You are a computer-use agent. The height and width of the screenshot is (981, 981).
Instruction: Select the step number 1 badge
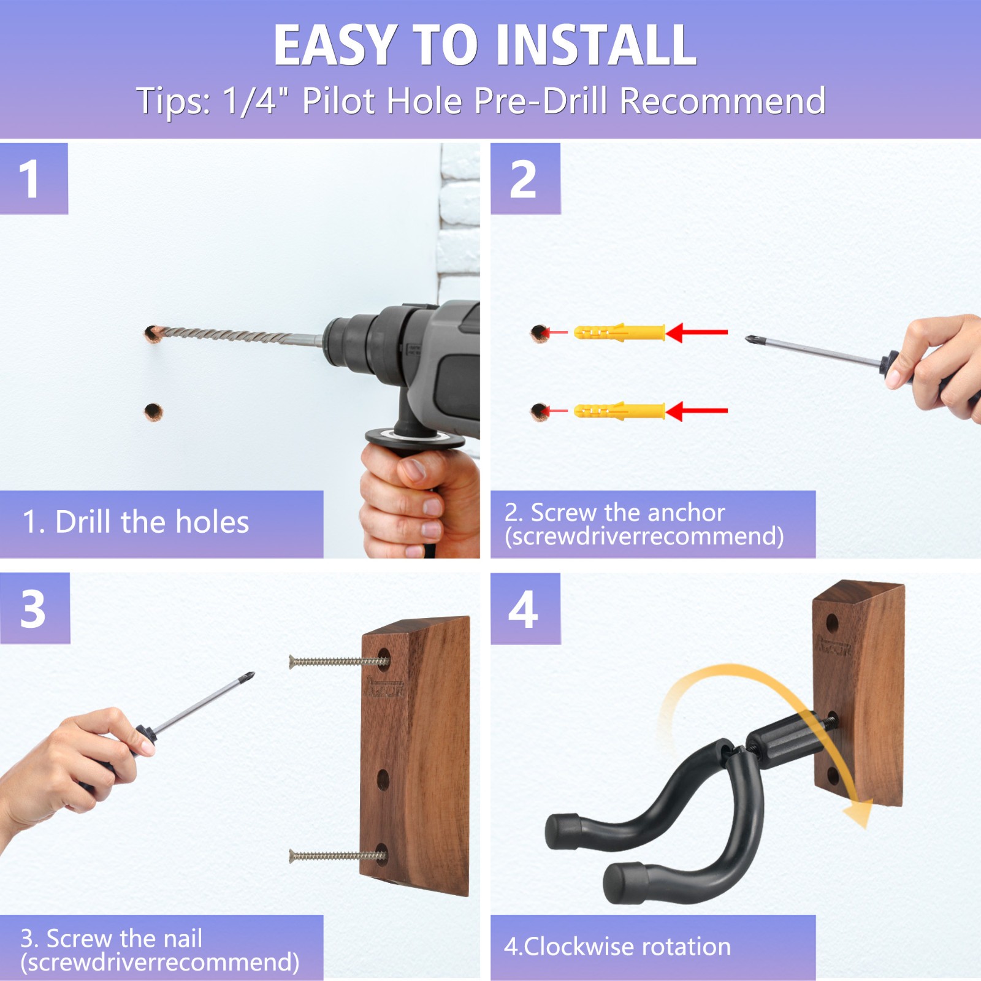click(x=34, y=178)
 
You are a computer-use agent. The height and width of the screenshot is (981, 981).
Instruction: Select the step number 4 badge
click(x=525, y=608)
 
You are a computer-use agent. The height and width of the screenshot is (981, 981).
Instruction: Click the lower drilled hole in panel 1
click(x=153, y=411)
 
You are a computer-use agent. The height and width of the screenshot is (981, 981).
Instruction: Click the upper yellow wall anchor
click(x=619, y=333)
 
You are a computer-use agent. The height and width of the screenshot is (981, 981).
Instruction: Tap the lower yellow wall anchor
click(x=619, y=411)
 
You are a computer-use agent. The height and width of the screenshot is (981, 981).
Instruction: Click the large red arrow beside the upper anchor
click(x=697, y=332)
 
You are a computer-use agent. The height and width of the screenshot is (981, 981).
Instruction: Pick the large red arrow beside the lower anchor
click(x=697, y=411)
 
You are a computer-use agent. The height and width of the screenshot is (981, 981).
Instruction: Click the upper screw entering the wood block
click(x=338, y=661)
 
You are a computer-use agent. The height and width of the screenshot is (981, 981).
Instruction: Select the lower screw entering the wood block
click(x=337, y=855)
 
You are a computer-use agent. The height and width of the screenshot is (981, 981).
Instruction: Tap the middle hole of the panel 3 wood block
click(x=383, y=780)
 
